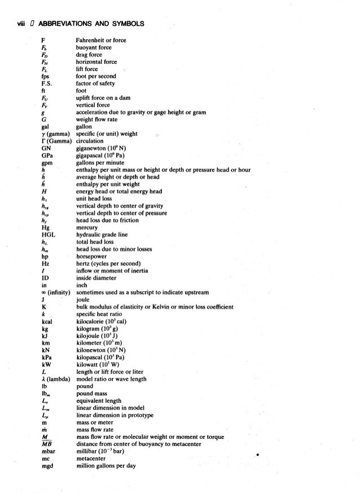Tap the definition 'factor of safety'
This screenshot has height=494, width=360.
[95, 83]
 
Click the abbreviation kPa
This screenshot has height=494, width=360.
[47, 357]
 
